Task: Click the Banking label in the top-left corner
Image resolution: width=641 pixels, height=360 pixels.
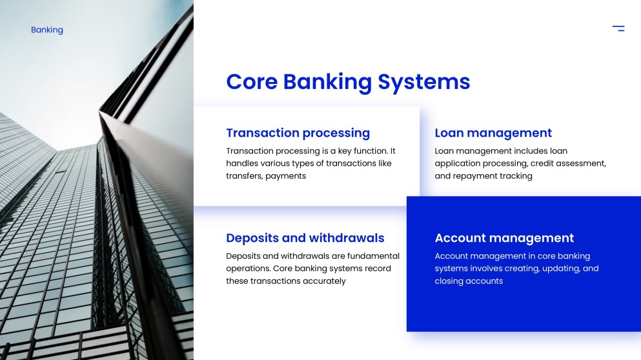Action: coord(47,30)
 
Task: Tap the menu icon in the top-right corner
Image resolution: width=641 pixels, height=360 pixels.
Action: coord(618,28)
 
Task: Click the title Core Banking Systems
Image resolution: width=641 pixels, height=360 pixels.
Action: coord(348,82)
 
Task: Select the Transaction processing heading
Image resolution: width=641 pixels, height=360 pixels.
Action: coord(298,133)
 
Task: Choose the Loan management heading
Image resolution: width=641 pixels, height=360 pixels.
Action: coord(493,133)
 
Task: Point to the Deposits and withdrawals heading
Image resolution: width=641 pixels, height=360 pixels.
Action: coord(305,238)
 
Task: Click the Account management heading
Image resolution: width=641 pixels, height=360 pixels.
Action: coord(504,238)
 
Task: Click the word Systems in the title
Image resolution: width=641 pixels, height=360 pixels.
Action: coord(424,82)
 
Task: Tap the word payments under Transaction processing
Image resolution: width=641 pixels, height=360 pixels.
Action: coord(285,176)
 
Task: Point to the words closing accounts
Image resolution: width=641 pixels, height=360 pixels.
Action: coord(469,281)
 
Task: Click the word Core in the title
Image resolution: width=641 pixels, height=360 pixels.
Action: coord(252,82)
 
